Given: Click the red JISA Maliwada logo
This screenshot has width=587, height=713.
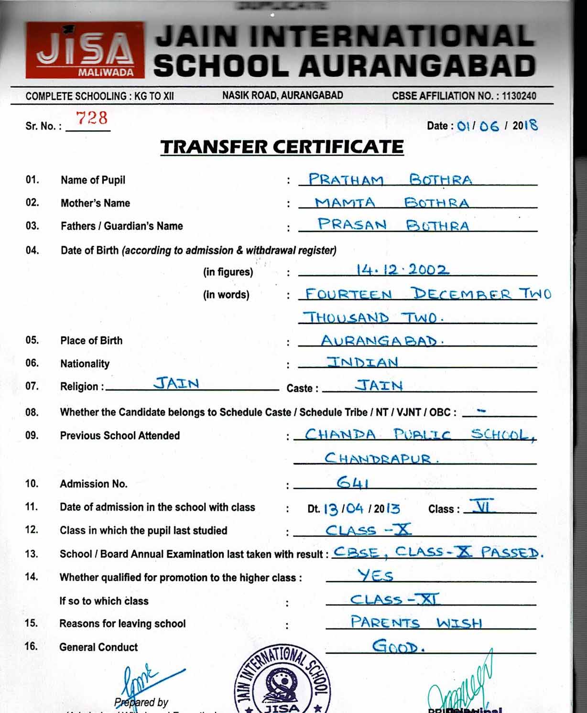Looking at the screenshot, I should (85, 50).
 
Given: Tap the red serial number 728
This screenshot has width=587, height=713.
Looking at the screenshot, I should (92, 118).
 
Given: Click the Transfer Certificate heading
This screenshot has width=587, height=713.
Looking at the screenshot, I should (282, 147).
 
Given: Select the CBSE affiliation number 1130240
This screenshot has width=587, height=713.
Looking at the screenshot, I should (519, 96).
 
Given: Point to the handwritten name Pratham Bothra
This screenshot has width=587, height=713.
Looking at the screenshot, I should (390, 180).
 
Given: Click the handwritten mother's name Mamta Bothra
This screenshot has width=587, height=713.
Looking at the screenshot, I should (391, 203).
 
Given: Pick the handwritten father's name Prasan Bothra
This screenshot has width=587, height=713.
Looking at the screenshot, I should (393, 225).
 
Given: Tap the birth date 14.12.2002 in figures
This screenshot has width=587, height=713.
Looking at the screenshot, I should (402, 270).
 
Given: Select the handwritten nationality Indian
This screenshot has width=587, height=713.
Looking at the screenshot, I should (362, 362).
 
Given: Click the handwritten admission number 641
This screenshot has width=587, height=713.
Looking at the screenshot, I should (352, 483).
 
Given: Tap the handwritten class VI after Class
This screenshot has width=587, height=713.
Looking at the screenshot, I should (482, 506).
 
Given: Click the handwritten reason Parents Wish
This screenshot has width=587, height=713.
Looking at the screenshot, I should (416, 622).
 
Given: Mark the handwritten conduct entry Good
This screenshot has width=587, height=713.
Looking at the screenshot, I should (398, 647).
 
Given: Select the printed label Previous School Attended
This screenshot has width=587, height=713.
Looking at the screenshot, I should (120, 435).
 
